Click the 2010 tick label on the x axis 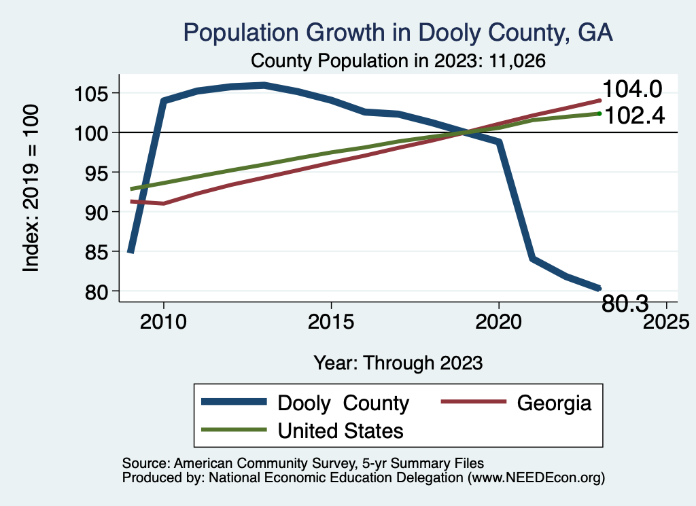163,321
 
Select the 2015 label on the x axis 331,321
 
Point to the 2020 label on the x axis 499,321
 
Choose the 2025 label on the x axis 666,321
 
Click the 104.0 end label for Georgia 632,89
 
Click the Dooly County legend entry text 343,403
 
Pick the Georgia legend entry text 554,403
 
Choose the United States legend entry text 341,430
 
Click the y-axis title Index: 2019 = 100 31,188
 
